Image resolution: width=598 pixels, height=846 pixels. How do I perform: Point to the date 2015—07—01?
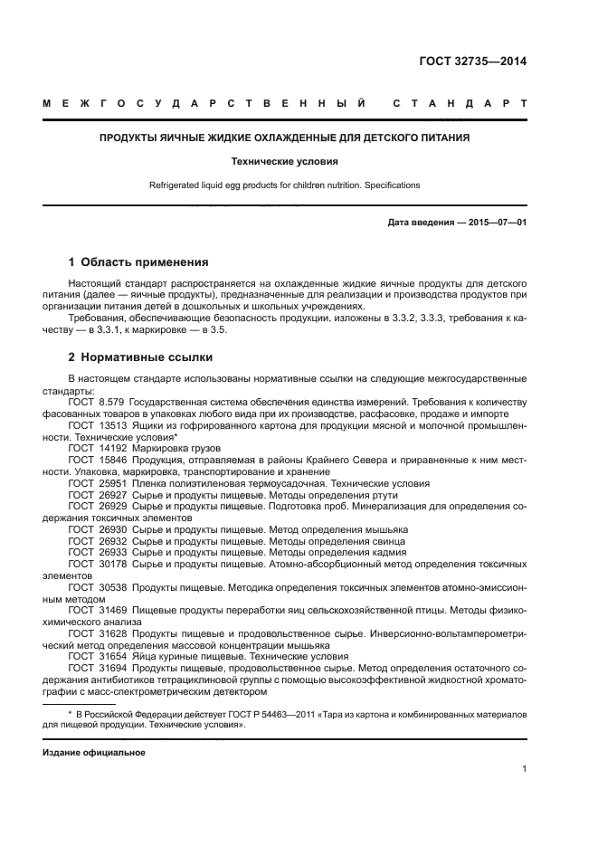click(492, 222)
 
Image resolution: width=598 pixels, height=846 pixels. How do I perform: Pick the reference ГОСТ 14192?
click(94, 448)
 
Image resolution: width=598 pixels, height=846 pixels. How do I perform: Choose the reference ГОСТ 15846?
click(94, 460)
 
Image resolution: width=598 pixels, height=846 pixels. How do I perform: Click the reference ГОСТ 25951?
click(94, 483)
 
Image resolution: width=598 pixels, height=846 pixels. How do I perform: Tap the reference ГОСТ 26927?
click(94, 495)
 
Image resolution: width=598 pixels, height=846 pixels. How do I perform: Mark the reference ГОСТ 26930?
click(94, 528)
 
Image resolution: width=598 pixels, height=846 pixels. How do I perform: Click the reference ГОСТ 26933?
click(94, 552)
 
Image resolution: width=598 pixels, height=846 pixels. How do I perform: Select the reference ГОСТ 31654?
click(94, 656)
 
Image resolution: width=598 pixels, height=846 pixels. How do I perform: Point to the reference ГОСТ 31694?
click(94, 668)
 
